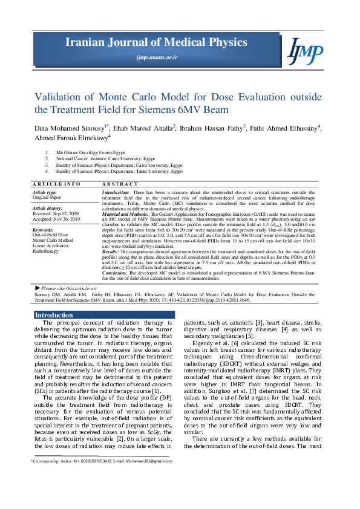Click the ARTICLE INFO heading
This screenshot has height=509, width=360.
[x=56, y=183]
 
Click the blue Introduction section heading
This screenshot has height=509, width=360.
[x=54, y=315]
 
